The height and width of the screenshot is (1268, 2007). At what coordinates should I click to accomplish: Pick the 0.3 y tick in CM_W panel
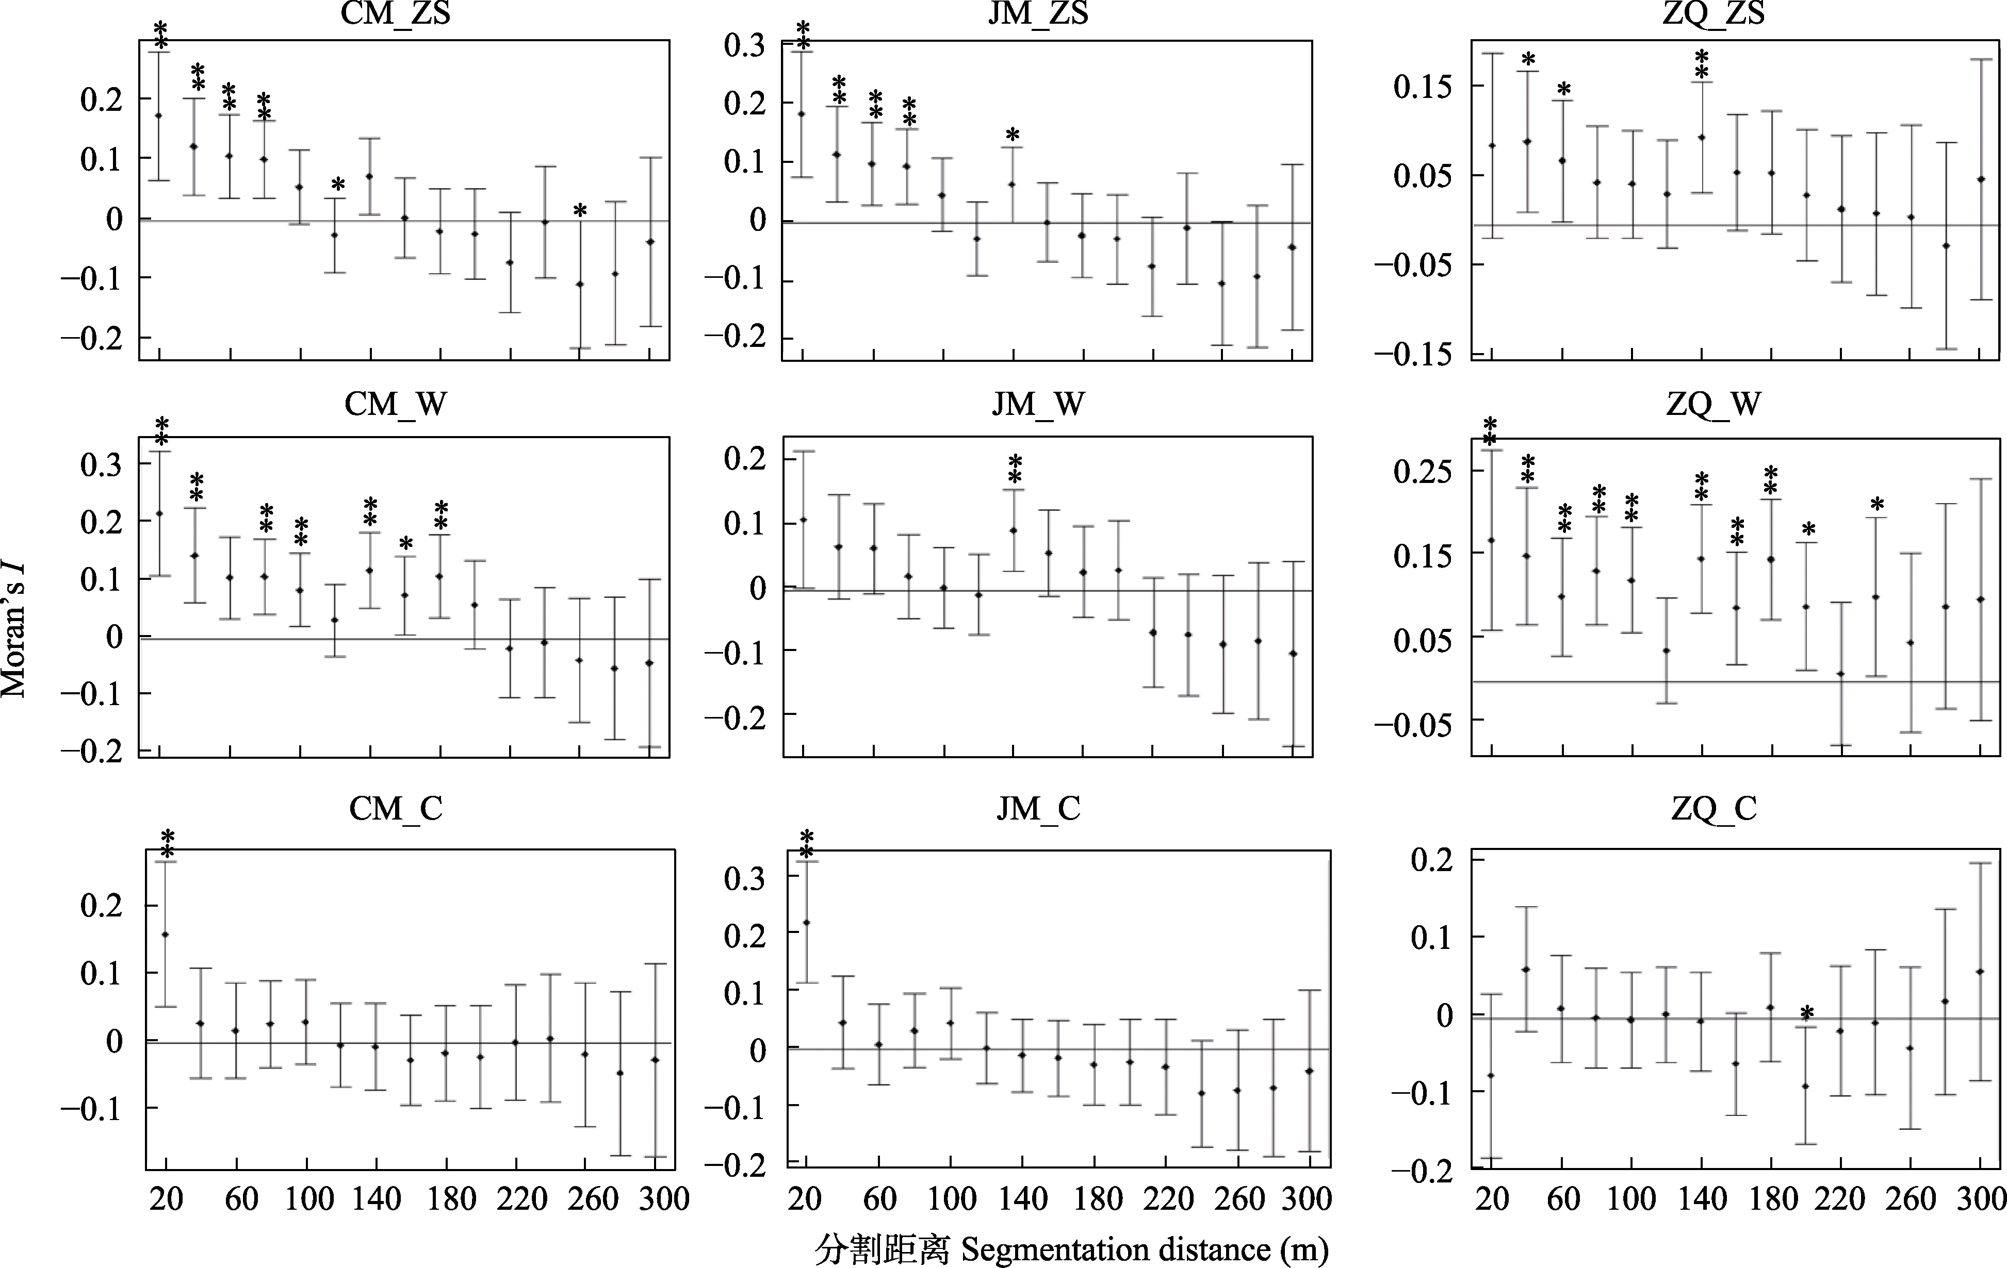(x=101, y=464)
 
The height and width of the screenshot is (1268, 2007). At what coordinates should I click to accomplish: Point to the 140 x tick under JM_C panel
(x=1023, y=1199)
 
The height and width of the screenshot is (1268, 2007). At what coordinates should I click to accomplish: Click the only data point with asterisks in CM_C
(x=165, y=934)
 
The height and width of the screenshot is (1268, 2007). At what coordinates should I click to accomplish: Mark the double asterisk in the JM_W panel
(x=1015, y=469)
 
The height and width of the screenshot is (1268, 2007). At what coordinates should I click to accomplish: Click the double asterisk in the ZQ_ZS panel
(x=1701, y=64)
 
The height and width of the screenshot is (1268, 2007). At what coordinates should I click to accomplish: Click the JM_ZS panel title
(x=1038, y=13)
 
